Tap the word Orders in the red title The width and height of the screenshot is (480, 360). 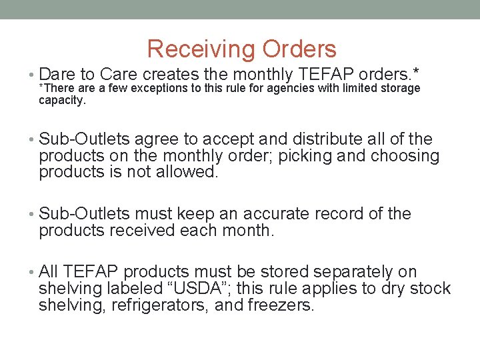tap(299, 49)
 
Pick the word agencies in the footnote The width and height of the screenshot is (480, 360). tap(289, 89)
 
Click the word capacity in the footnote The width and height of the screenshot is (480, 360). tap(61, 100)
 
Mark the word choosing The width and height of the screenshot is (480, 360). tap(405, 156)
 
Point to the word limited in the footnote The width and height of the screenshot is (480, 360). tap(353, 89)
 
